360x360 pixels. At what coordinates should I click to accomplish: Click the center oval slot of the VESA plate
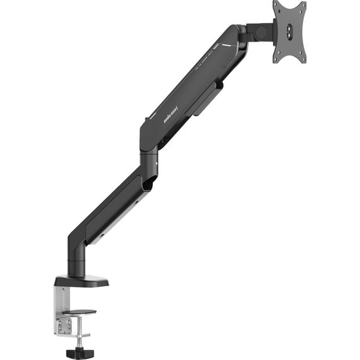click(290, 32)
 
